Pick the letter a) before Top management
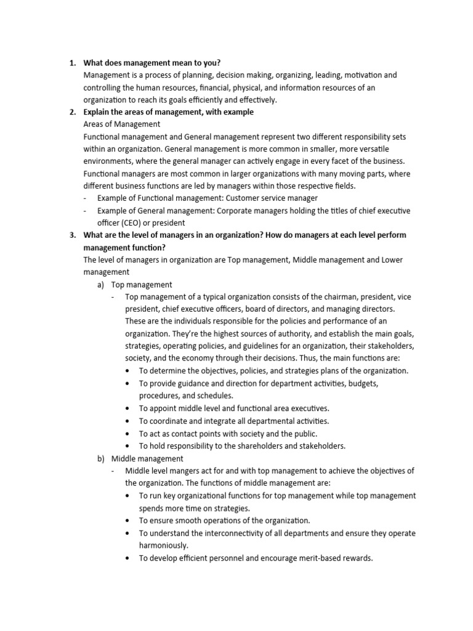pos(100,285)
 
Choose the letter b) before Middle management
pos(100,458)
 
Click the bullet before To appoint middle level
pos(127,409)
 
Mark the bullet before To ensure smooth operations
pos(127,521)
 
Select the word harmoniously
pos(162,545)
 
